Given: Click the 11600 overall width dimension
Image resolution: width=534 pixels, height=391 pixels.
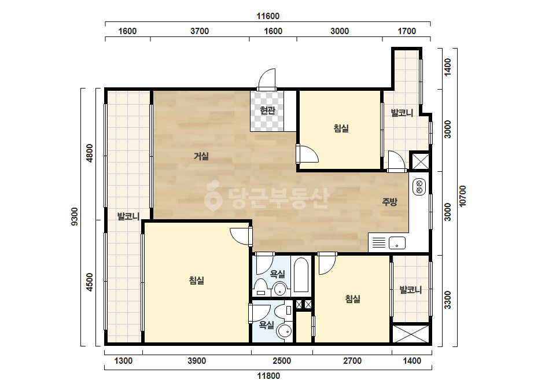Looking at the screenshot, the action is pyautogui.click(x=268, y=16).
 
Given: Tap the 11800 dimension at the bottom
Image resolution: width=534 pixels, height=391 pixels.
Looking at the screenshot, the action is pyautogui.click(x=268, y=376).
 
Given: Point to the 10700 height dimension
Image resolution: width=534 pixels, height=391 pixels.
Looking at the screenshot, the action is pyautogui.click(x=462, y=196).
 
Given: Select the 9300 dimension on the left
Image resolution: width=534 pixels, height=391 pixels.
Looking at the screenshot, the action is pyautogui.click(x=75, y=217).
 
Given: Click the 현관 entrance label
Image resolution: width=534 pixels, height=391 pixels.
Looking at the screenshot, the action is pyautogui.click(x=267, y=110).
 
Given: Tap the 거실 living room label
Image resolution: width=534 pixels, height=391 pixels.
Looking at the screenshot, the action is pyautogui.click(x=201, y=156).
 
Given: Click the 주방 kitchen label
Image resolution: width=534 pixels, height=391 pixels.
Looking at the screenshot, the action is pyautogui.click(x=389, y=202).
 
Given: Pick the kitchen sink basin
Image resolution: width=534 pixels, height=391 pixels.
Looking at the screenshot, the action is pyautogui.click(x=397, y=243).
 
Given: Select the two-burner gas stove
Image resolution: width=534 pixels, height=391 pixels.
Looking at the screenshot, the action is pyautogui.click(x=419, y=187).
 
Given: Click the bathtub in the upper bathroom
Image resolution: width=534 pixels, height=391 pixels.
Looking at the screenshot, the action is pyautogui.click(x=301, y=275).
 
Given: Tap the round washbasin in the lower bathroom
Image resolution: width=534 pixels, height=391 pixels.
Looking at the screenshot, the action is pyautogui.click(x=284, y=331).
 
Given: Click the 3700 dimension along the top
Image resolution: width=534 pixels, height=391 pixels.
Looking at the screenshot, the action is pyautogui.click(x=200, y=31).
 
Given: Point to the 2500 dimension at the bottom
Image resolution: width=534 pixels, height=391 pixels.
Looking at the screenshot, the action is pyautogui.click(x=282, y=361).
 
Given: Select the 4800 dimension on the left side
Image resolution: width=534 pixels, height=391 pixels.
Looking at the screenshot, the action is pyautogui.click(x=90, y=153).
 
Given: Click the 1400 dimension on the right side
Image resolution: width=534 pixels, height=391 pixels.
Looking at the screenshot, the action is pyautogui.click(x=448, y=67).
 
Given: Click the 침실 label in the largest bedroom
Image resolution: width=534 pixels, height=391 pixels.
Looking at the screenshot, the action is pyautogui.click(x=197, y=281).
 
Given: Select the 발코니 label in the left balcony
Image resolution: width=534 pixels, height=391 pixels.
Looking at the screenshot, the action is pyautogui.click(x=128, y=216).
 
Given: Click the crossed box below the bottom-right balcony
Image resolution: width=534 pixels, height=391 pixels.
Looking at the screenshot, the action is pyautogui.click(x=411, y=334).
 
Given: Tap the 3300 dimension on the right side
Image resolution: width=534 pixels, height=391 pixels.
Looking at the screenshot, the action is pyautogui.click(x=448, y=300).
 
